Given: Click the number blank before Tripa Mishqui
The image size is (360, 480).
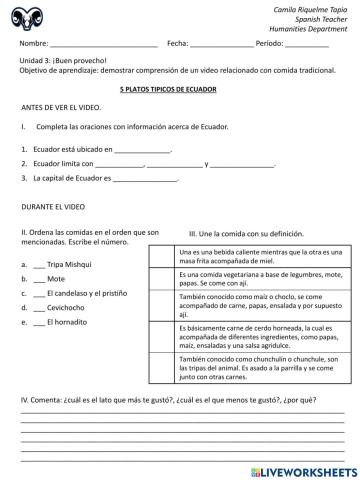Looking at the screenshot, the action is point(39,264).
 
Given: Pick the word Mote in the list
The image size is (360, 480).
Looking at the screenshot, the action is point(56,279).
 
